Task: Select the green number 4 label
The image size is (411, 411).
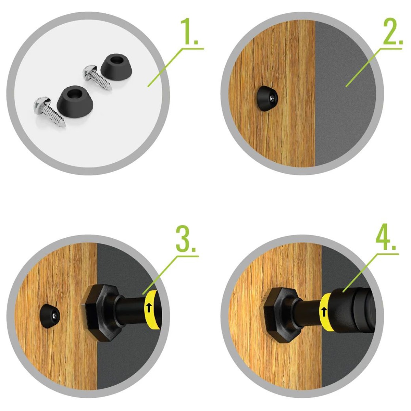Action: coord(386,237)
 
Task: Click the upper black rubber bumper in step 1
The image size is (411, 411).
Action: coord(116,66)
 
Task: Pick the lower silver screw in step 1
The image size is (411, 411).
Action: coord(50,112)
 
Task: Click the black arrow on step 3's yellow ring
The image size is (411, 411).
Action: coord(149,307)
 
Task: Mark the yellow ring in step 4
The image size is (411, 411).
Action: coord(325,312)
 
